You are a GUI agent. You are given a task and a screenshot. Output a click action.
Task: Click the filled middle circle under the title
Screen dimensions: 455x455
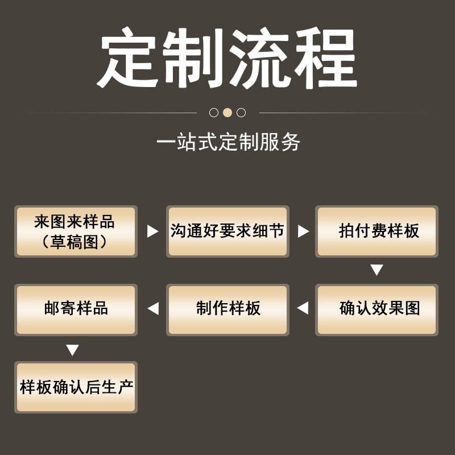pos(227,113)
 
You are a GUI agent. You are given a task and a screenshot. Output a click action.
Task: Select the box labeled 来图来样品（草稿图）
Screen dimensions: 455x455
pos(76,231)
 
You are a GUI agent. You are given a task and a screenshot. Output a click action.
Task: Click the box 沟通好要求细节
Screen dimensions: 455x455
pos(227,231)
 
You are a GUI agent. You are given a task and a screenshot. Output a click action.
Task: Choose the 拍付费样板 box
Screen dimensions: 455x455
pos(377,231)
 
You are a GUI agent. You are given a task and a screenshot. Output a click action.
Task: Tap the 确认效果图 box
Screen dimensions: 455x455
pos(377,309)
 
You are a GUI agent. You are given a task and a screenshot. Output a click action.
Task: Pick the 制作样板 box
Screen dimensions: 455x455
pos(227,309)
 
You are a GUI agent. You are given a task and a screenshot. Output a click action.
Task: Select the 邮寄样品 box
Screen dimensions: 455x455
pos(76,309)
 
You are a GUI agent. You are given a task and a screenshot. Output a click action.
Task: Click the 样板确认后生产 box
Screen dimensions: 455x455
pos(76,387)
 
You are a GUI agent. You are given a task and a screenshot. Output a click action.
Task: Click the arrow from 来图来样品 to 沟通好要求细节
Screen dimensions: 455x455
pos(152,231)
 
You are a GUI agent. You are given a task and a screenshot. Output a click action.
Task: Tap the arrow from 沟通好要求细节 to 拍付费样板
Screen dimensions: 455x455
pos(303,231)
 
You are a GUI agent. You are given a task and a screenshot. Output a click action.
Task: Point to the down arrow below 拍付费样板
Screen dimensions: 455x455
pos(377,270)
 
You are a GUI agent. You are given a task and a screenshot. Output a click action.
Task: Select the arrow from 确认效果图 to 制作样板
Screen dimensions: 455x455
pos(303,308)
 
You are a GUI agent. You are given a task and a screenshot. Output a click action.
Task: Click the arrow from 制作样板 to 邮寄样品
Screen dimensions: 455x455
pos(152,308)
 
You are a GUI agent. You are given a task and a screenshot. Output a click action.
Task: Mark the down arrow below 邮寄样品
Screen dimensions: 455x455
pos(72,350)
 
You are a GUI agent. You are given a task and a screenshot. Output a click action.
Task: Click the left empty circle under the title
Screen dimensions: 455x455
pos(214,113)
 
